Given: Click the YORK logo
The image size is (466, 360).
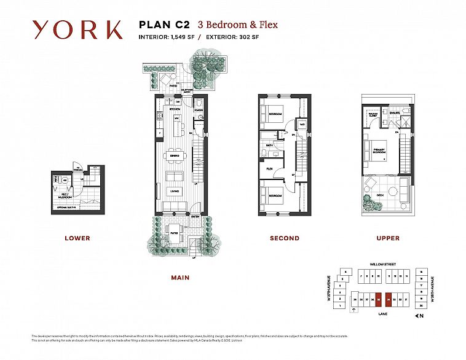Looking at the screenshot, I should pos(77,29).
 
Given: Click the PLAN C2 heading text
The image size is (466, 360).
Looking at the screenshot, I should pos(165,25).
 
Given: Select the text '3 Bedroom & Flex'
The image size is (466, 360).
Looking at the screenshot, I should pos(237,25).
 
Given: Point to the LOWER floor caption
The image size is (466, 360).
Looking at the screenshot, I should pos(77,238).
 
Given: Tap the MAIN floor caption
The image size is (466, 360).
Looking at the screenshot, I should pos(180,278).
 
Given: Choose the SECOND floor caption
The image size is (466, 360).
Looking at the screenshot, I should pos(284,238).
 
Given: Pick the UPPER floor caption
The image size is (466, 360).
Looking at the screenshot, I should pos(387,238).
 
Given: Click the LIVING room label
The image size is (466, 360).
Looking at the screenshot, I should pos(175,190).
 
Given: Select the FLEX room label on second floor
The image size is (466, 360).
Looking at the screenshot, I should pos(269,167).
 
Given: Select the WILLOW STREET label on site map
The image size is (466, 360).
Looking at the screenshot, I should pos(382,264).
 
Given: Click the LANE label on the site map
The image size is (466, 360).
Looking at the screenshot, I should pos(382,312).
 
